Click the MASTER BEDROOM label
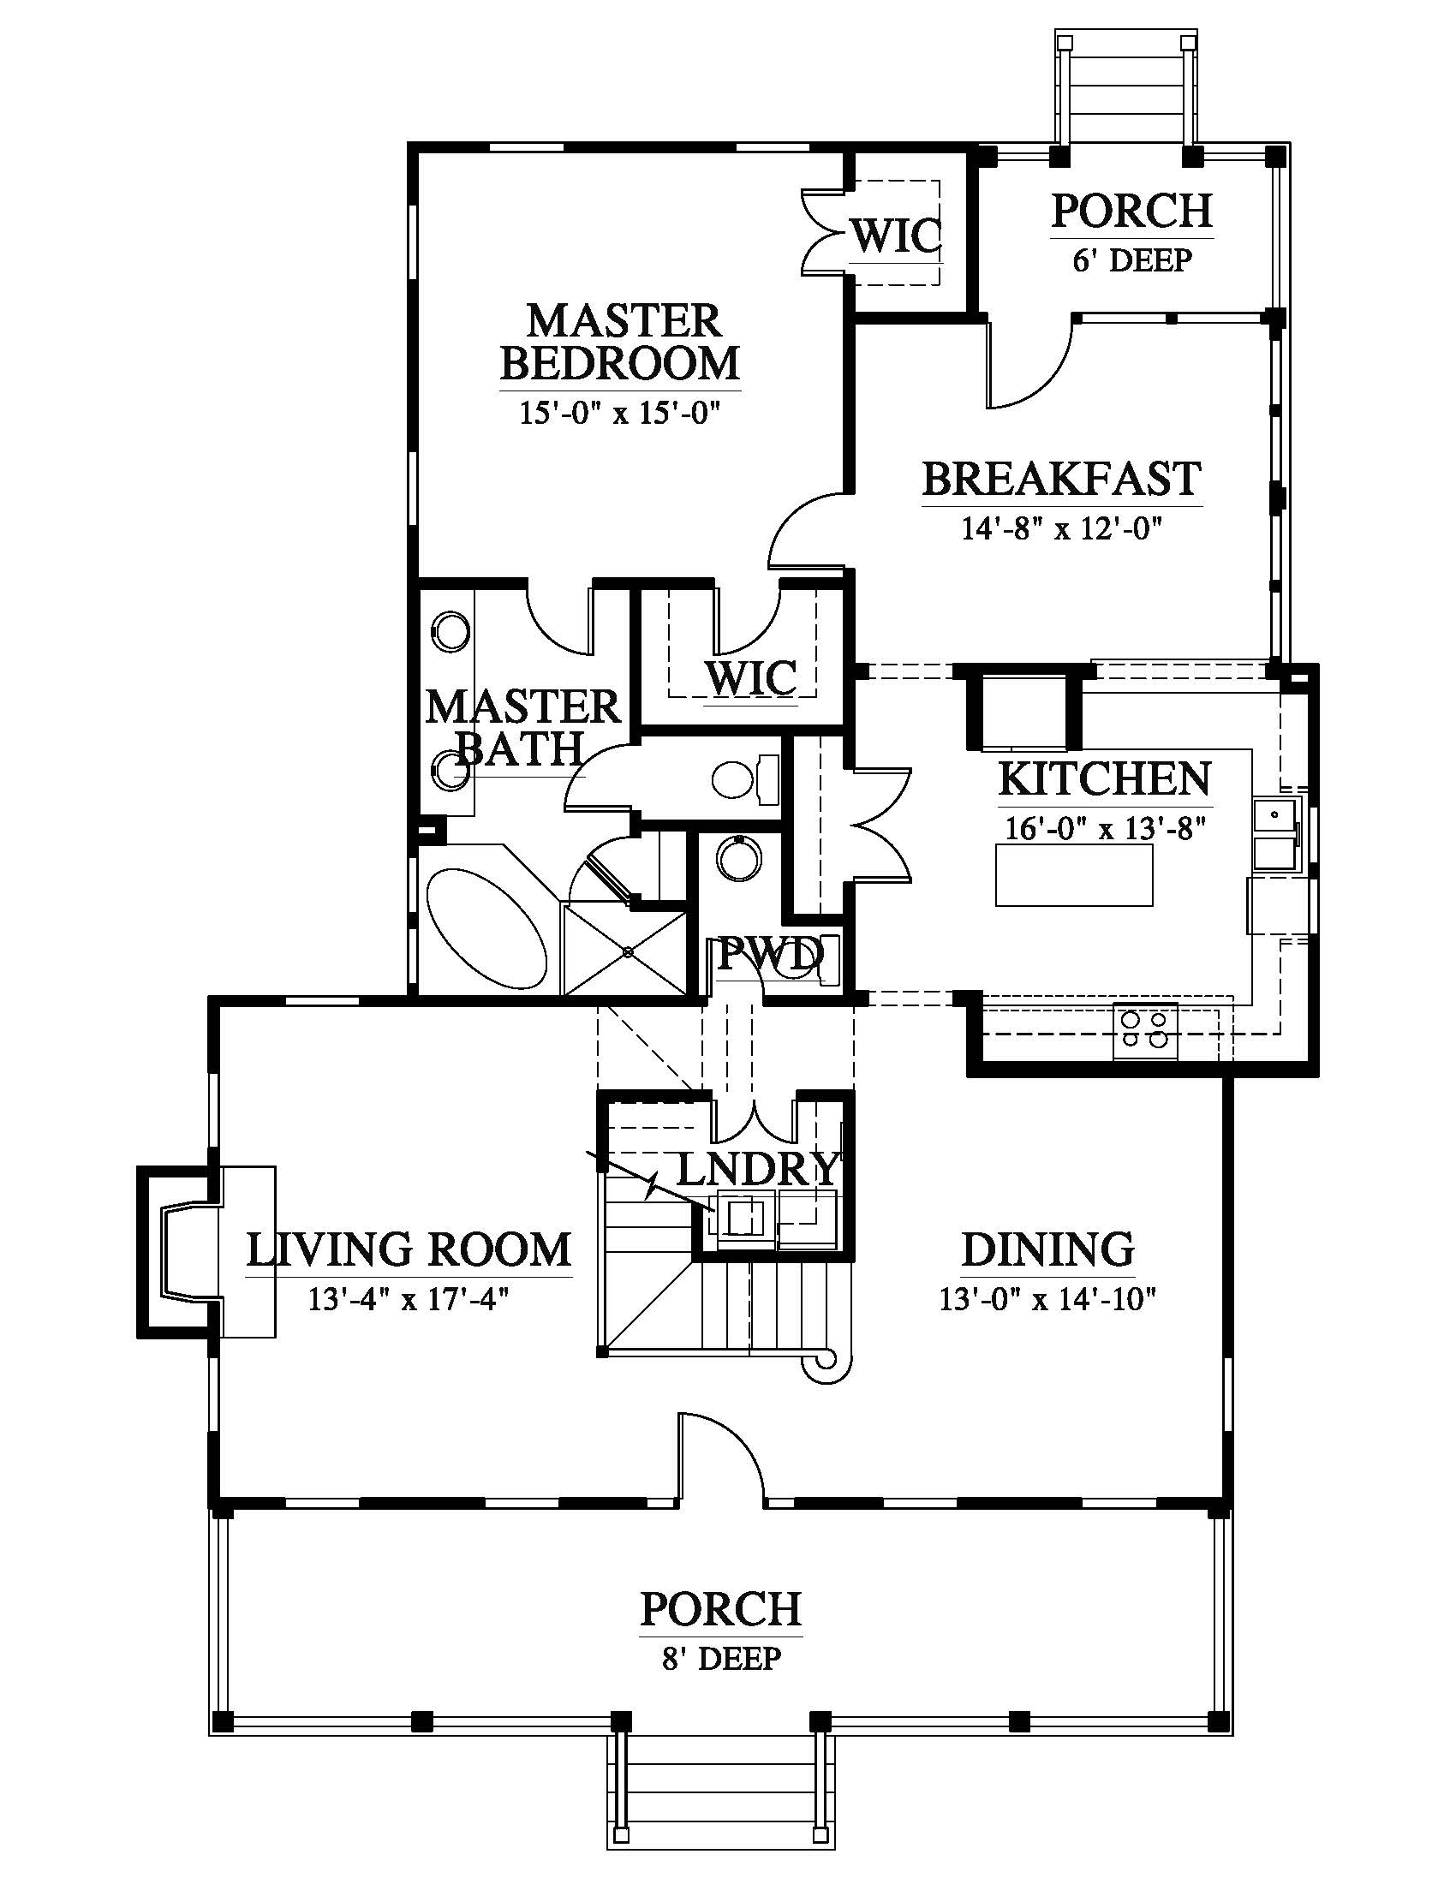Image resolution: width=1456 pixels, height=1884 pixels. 620,342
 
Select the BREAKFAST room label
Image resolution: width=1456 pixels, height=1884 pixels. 1062,479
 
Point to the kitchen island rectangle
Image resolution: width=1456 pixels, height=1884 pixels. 1074,874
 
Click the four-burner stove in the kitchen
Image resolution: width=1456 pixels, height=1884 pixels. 1145,1031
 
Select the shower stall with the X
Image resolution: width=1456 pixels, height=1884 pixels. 627,950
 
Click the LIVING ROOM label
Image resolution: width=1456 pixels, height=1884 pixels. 409,1250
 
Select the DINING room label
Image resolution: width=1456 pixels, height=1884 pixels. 1047,1250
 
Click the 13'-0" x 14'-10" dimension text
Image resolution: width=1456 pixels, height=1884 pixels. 1047,1299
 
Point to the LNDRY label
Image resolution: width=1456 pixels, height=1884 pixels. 757,1170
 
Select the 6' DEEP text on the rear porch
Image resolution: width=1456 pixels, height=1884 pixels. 1131,259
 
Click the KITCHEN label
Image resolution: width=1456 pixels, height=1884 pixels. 1105,779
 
